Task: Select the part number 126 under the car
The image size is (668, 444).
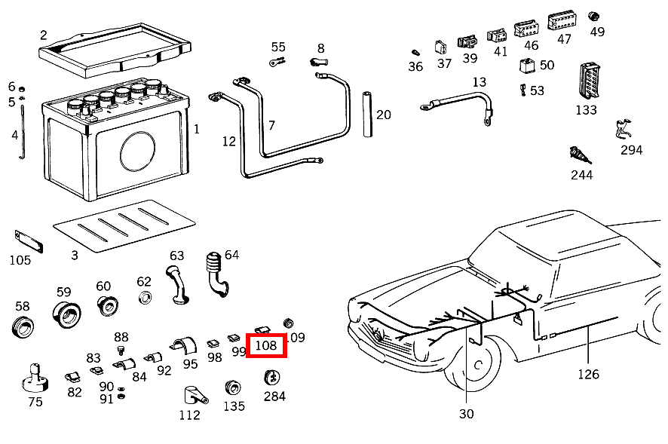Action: [588, 374]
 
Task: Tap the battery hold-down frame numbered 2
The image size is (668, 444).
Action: [112, 45]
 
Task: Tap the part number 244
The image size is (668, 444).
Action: [581, 175]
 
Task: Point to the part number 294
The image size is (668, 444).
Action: [631, 150]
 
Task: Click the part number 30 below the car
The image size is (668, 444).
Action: [466, 414]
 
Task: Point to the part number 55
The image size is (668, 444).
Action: [279, 47]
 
